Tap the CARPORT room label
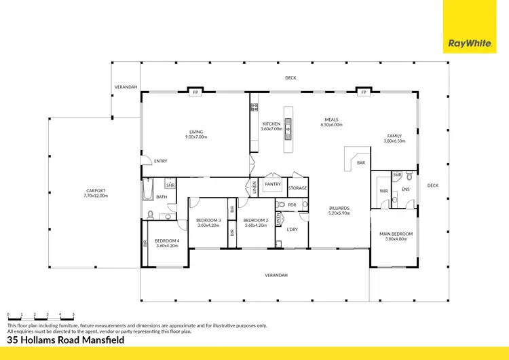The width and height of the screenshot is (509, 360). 96,190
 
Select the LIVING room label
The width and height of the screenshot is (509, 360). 196,132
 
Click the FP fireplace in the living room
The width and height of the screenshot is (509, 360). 195,92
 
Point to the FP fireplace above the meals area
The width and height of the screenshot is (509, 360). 364,92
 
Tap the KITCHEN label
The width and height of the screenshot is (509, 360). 271,124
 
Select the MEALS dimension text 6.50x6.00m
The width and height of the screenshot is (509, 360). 331,125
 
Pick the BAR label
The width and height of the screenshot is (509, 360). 361,163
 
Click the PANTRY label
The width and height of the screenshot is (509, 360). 273,184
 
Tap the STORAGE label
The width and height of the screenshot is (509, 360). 297,188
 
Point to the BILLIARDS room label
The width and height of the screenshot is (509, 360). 339,208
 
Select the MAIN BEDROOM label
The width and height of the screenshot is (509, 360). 396,234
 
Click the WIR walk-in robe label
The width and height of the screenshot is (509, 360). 383,191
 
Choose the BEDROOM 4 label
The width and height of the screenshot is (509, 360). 167,240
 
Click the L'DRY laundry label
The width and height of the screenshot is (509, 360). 293,229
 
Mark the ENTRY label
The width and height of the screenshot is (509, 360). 161,161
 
